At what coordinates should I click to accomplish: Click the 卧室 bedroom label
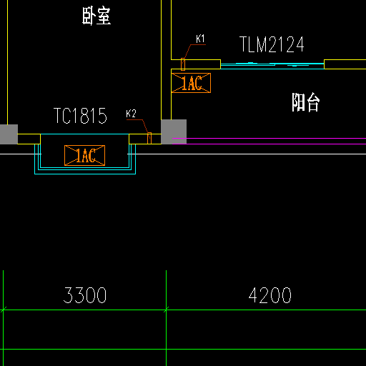coord(97,16)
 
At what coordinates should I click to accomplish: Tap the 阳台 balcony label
coord(306,102)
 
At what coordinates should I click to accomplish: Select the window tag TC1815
coord(80,116)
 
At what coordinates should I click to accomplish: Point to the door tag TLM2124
coord(272,44)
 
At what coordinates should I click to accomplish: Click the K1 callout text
coord(200,39)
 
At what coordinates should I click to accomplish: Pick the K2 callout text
coord(131,114)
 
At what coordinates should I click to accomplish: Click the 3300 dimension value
coord(85,295)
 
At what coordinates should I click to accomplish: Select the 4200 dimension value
coord(269,295)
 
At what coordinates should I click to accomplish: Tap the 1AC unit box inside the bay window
coord(84,155)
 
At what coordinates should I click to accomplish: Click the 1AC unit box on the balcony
coord(191,83)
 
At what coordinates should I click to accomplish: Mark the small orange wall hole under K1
coord(183,64)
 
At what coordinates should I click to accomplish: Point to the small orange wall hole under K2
coord(149,138)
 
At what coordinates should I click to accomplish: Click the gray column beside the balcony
coord(174,132)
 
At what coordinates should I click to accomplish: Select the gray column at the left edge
coord(9,134)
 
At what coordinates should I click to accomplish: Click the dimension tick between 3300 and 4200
coord(167,310)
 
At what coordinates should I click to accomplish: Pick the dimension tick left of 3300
coord(3,310)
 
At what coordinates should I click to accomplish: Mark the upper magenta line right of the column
coord(269,138)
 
